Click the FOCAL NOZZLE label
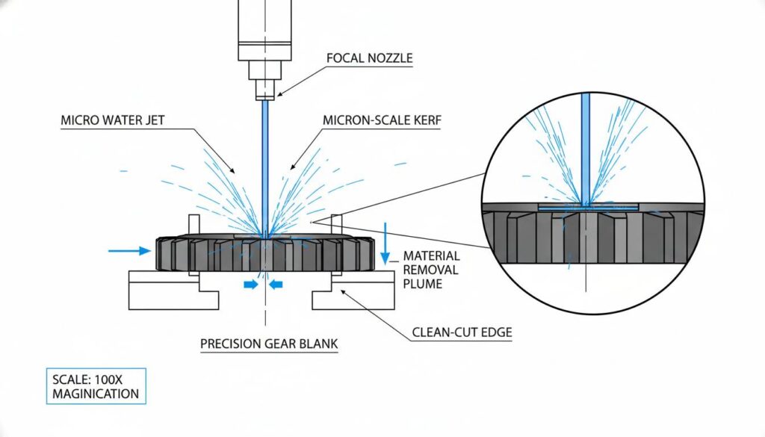click(x=370, y=58)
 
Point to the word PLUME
click(x=423, y=283)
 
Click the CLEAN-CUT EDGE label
click(x=462, y=332)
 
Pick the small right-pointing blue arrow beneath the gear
click(x=251, y=284)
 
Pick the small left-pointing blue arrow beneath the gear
click(x=276, y=284)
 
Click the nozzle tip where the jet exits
click(x=264, y=95)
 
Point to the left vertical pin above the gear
click(x=194, y=226)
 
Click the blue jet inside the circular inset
click(x=586, y=149)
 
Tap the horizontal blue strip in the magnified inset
click(x=587, y=205)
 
